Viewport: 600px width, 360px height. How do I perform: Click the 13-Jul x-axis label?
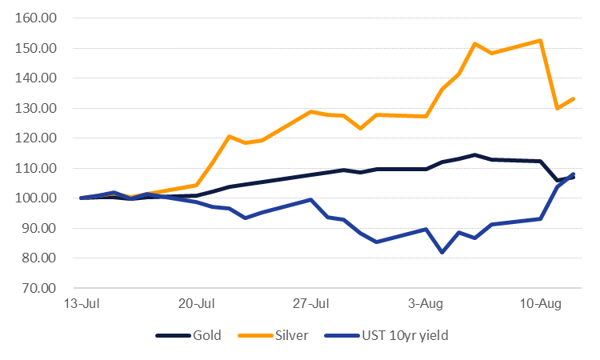81,304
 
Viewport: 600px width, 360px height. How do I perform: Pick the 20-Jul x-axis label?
196,304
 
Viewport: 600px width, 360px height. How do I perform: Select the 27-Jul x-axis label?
310,304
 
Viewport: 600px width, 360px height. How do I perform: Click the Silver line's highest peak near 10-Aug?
541,40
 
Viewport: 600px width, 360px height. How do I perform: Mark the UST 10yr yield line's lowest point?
442,252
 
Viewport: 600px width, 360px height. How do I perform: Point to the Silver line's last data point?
574,98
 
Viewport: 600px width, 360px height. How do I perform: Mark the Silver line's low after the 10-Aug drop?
558,108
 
